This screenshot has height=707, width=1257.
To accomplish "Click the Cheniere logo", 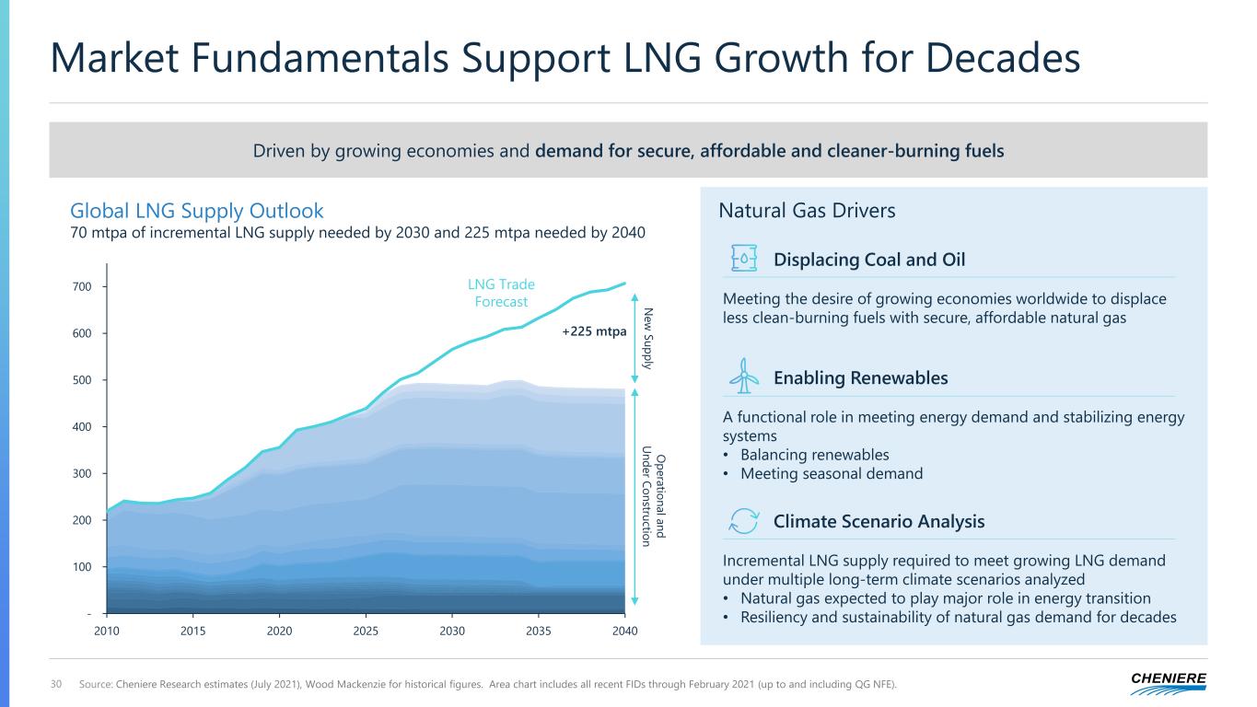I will coord(1169,682).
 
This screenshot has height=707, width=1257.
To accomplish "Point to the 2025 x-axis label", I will coord(366,631).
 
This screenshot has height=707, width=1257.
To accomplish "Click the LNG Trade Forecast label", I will coord(502,293).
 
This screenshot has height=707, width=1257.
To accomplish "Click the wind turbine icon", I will coord(744,377).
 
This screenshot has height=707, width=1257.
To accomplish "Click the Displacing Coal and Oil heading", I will coord(868,260).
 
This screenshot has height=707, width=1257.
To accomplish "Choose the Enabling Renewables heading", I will coord(860,378).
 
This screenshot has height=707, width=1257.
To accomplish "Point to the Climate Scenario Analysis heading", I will coord(879,522).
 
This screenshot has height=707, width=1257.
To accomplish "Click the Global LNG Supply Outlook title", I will coord(197,211).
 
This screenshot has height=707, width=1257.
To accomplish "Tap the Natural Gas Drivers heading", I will coord(807,211).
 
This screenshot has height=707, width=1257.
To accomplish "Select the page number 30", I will coord(57,683).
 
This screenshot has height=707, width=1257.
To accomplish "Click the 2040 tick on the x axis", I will coord(624,631).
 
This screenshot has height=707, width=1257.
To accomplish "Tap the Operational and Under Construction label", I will coord(652,495).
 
